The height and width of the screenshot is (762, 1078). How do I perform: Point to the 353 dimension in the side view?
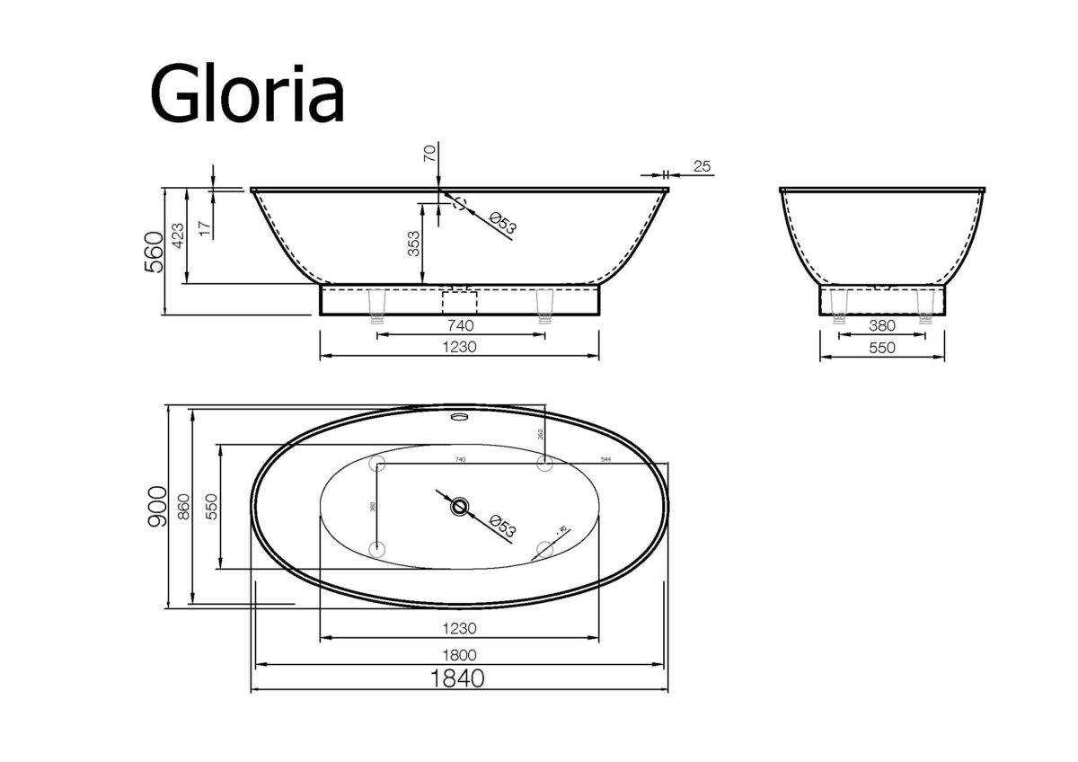pos(414,244)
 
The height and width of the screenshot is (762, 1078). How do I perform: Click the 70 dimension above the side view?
pos(429,161)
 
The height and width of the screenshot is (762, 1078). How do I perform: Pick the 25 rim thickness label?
pos(702,167)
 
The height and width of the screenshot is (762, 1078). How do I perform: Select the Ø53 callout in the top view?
pos(499,524)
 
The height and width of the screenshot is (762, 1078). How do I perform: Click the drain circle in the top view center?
pos(460,507)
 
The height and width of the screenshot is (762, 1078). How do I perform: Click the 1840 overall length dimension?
pos(459,678)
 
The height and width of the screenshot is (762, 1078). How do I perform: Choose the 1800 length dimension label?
pos(459,655)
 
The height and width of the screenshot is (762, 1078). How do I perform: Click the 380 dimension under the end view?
pos(882,325)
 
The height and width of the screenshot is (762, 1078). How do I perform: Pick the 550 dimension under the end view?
pos(882,348)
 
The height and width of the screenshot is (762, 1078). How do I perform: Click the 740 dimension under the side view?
pos(459,325)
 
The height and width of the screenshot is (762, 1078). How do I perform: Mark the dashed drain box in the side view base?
pos(459,301)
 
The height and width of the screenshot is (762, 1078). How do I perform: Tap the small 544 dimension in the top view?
pos(606,460)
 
